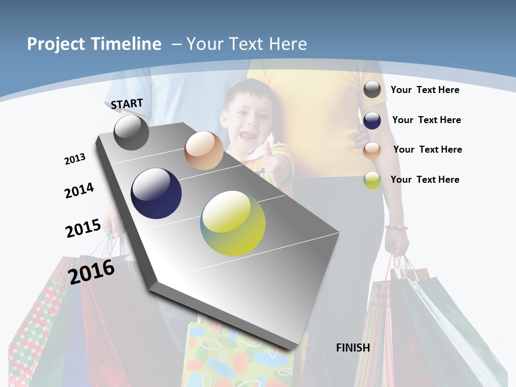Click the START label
[127, 104]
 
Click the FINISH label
[353, 348]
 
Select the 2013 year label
[75, 159]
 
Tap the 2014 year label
[79, 191]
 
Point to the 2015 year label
[83, 228]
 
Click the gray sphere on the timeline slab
[131, 132]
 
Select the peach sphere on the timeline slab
[204, 150]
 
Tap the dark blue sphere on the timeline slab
[156, 193]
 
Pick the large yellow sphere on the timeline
[233, 223]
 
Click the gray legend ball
[372, 90]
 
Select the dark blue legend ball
[372, 120]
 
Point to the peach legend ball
[372, 150]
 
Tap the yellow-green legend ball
[372, 180]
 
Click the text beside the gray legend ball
[425, 90]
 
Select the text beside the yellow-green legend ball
[425, 180]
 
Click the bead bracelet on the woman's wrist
[396, 227]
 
